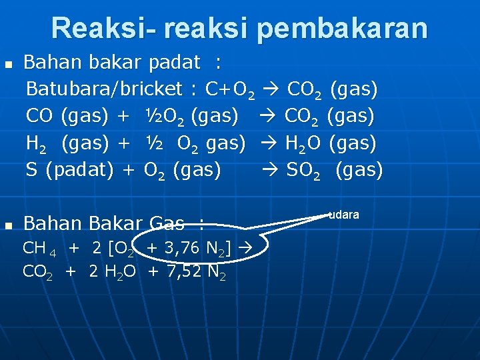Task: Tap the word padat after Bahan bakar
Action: pos(174,63)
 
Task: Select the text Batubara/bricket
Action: pos(105,89)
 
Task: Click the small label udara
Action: pos(345,215)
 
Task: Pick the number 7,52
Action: pos(181,271)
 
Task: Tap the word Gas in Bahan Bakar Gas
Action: pos(167,223)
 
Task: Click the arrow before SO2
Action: pos(273,171)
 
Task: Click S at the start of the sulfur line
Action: pos(31,170)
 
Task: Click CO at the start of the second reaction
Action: pos(40,116)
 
